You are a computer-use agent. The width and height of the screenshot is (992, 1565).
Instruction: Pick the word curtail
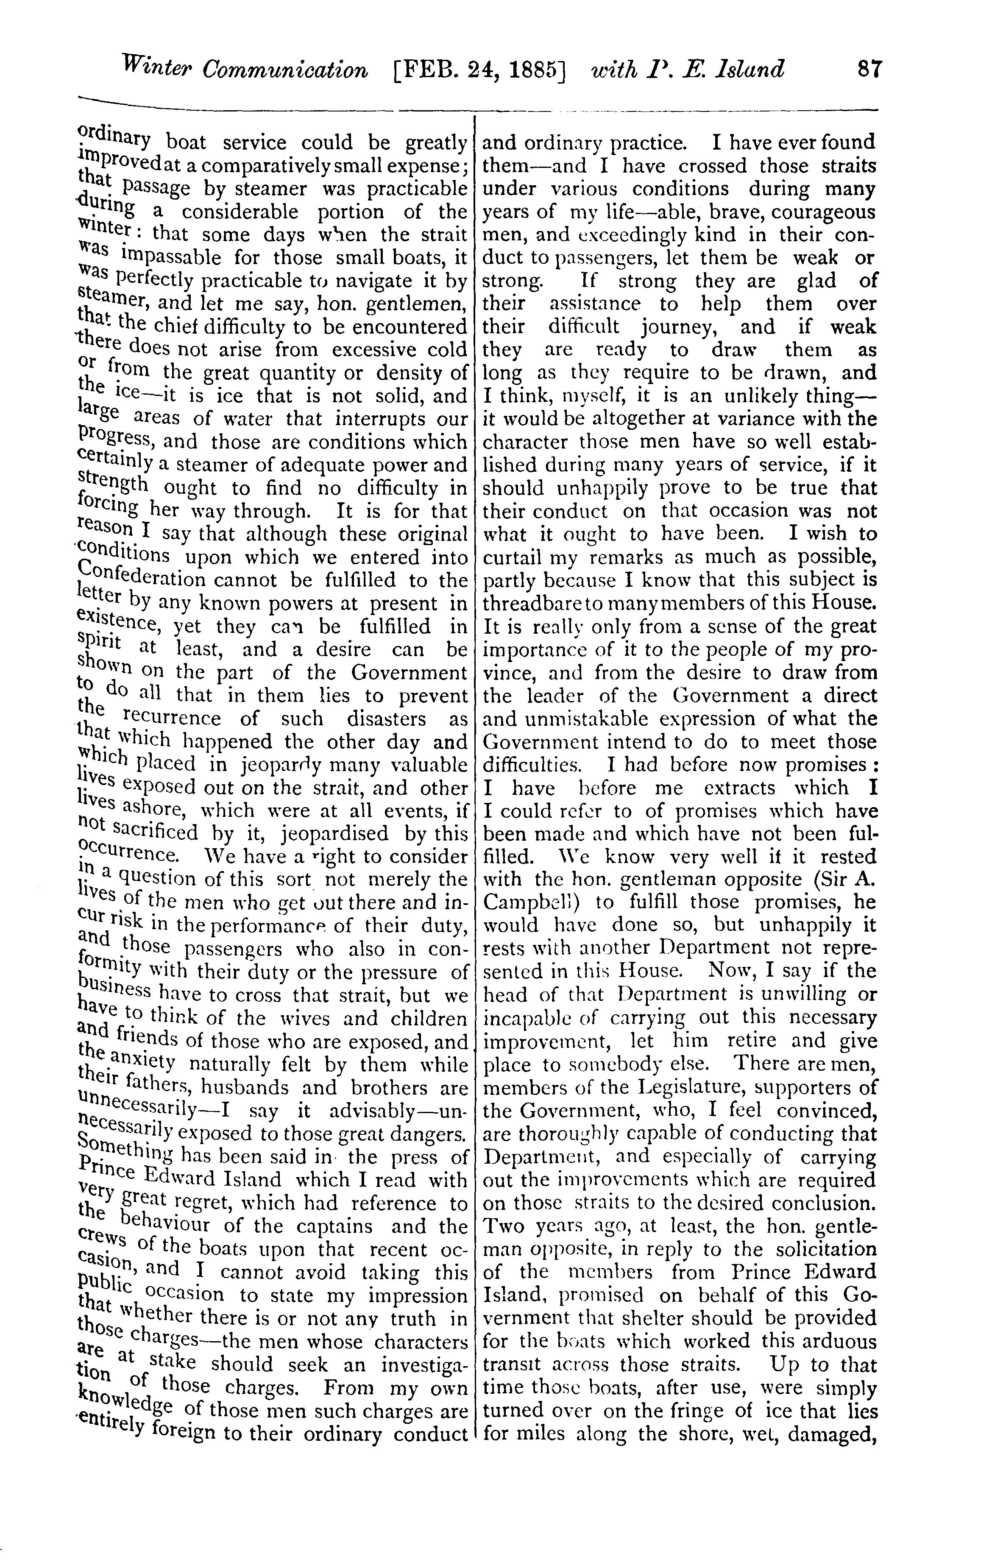click(510, 557)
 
